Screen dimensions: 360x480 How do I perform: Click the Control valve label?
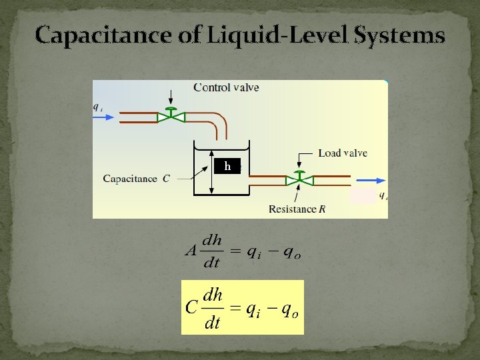[226, 87]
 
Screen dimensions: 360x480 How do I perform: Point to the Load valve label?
[343, 153]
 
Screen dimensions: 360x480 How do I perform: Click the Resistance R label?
[297, 209]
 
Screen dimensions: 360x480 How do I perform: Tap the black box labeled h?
[227, 166]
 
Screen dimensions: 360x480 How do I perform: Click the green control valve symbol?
[171, 117]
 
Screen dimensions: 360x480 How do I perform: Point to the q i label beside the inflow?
[97, 105]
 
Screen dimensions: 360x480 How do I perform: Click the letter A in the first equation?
[189, 252]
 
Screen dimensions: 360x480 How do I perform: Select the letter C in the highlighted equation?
[191, 307]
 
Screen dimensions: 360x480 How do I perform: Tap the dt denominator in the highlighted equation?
[213, 323]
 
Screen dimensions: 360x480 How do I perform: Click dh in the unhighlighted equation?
[211, 239]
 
